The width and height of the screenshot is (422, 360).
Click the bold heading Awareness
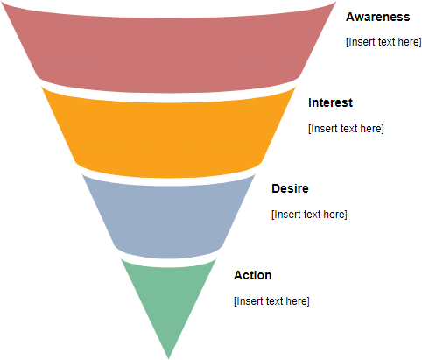[377, 17]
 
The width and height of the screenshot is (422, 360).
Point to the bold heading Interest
[330, 102]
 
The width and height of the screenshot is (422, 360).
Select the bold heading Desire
[290, 188]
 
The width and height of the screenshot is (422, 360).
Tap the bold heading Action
[252, 275]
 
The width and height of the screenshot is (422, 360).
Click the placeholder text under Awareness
[383, 42]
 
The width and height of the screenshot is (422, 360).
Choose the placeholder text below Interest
[346, 129]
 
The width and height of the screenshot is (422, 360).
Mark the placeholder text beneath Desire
[309, 215]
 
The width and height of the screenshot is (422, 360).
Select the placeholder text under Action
[271, 301]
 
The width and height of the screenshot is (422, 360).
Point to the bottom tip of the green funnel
[168, 356]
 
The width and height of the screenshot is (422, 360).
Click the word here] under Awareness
[409, 42]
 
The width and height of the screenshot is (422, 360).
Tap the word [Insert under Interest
[323, 129]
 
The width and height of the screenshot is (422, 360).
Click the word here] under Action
[297, 301]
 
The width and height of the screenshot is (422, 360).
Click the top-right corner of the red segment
[334, 4]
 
